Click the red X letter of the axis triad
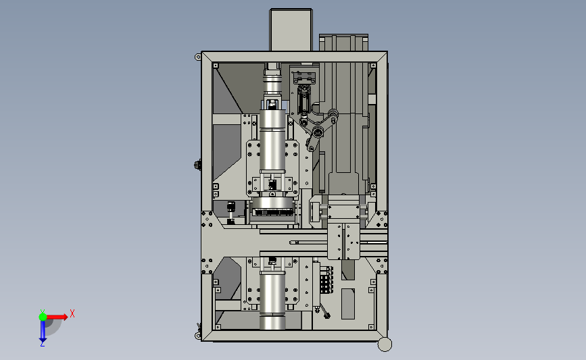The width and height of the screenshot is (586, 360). coord(72,313)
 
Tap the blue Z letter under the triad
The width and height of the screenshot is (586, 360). coord(43,344)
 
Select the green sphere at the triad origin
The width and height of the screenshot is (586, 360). coord(43,317)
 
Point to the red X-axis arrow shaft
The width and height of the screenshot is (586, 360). coord(55,317)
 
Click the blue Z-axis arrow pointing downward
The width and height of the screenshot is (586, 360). coord(43,331)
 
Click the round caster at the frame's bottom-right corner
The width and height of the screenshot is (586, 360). coord(385,344)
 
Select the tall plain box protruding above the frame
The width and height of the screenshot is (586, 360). coord(291,30)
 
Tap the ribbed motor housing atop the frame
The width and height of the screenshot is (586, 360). coord(343,43)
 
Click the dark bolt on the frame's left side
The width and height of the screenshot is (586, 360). coord(198,165)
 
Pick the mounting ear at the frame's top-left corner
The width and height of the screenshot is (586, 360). coord(198,57)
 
